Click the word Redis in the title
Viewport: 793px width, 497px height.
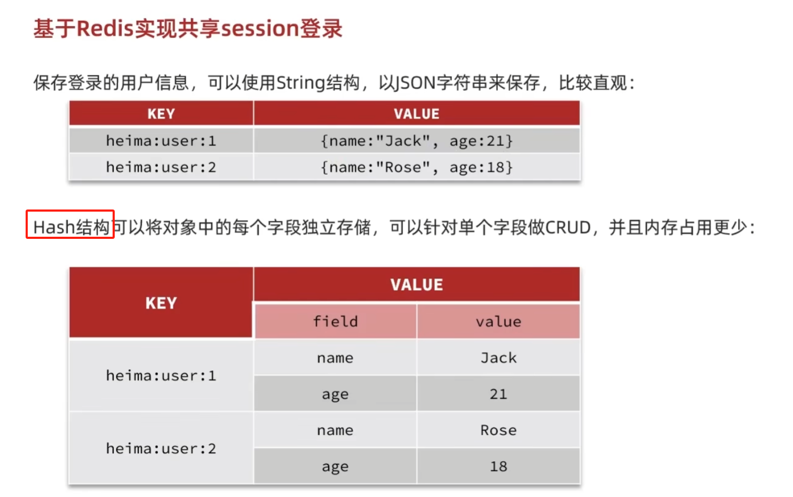pos(105,29)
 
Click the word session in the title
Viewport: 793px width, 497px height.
pos(259,29)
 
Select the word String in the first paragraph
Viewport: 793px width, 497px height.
pos(300,83)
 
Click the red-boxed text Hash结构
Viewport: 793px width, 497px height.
pos(70,227)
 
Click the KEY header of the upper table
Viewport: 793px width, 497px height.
pos(161,114)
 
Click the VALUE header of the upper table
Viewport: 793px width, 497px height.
pos(416,114)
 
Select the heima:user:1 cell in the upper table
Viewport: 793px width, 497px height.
pos(161,141)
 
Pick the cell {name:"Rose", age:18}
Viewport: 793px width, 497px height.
pos(416,167)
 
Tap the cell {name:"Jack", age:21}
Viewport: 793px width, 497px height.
pos(416,141)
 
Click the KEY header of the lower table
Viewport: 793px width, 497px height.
pos(161,303)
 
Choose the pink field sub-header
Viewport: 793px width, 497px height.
pos(335,322)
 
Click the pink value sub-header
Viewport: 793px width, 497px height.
pos(498,322)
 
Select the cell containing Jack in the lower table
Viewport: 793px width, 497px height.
pos(498,358)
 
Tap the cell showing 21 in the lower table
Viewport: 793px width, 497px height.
pos(498,394)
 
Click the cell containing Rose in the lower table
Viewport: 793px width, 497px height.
pos(498,430)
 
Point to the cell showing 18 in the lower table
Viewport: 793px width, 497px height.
pos(498,467)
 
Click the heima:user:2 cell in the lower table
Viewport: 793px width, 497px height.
pos(161,448)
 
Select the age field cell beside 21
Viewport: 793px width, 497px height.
pos(335,394)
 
